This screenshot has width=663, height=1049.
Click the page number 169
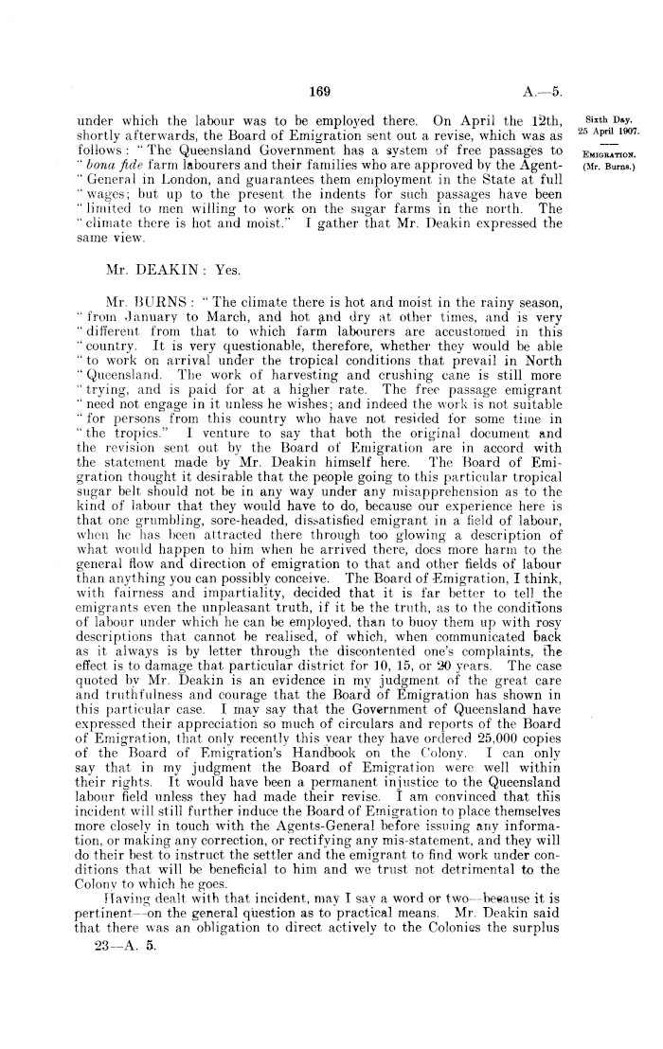coord(321,92)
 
